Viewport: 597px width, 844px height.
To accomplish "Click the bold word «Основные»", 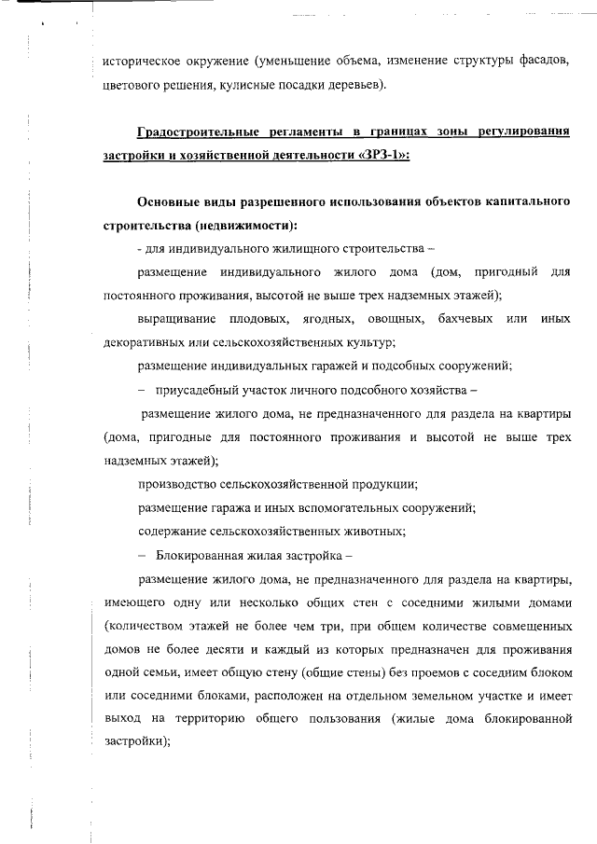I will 170,202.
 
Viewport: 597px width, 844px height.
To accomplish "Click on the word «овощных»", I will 395,319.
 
